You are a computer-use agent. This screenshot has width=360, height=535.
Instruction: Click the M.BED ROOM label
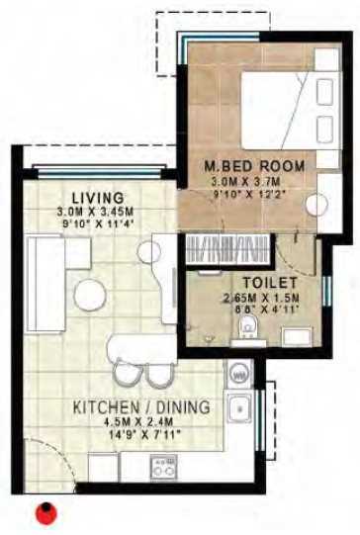click(x=254, y=164)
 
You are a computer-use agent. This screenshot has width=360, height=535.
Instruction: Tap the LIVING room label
click(x=97, y=197)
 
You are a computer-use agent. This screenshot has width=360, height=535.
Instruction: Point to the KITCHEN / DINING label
click(x=139, y=406)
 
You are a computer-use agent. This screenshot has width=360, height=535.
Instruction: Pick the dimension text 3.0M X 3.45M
click(x=97, y=211)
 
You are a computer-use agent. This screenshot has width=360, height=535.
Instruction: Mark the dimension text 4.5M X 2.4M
click(x=139, y=421)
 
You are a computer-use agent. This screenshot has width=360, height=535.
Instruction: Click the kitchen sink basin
click(x=238, y=407)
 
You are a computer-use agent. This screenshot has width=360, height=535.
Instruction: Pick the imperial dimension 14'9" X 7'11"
click(x=139, y=435)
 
